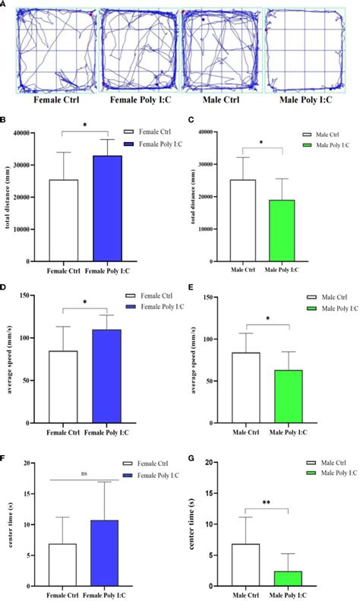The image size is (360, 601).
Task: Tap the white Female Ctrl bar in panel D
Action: (64, 387)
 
